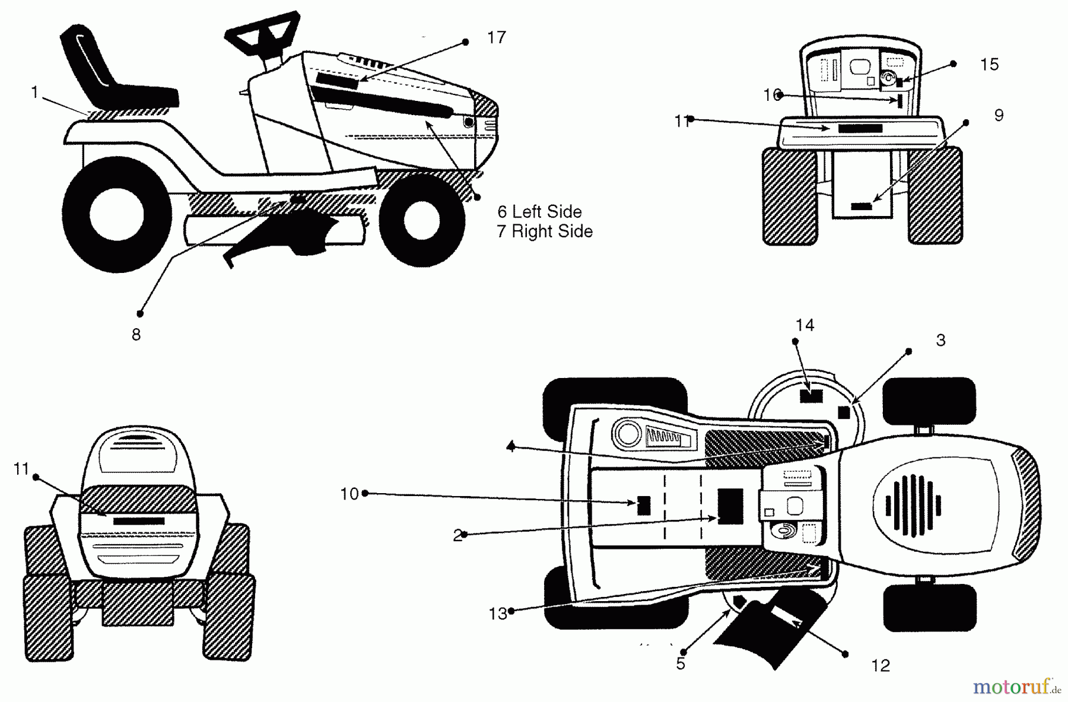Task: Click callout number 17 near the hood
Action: (x=496, y=37)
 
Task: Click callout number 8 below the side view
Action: (x=136, y=335)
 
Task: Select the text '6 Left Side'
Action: (x=539, y=212)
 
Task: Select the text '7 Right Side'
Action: (x=545, y=231)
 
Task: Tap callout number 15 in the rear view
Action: (x=989, y=65)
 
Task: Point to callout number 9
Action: (x=999, y=115)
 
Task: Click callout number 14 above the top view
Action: (x=805, y=325)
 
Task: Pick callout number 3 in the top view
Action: (x=940, y=341)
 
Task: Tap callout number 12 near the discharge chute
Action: (x=881, y=666)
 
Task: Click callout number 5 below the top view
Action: (x=681, y=663)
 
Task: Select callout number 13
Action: (x=498, y=614)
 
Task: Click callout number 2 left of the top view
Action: (x=457, y=536)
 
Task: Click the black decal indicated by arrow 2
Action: (x=730, y=506)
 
